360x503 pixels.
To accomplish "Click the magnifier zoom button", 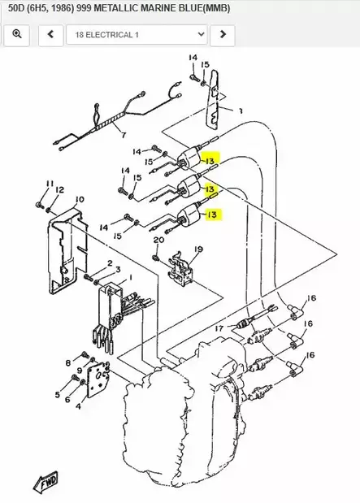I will point(17,35).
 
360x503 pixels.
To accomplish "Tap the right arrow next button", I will point(223,35).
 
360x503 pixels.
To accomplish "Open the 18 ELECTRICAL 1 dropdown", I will point(137,35).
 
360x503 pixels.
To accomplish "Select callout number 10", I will point(79,199).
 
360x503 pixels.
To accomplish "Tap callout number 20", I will point(158,240).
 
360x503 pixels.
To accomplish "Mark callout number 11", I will point(50,184).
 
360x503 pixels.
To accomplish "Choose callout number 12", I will point(59,189).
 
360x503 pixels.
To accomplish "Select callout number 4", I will point(78,403).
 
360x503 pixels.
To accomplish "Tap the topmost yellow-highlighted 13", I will point(210,162).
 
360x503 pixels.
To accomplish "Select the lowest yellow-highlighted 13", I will point(212,215).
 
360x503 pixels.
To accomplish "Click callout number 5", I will point(57,395).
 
